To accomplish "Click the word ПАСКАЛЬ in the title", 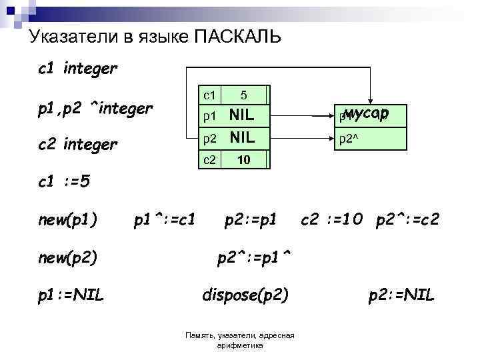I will pyautogui.click(x=237, y=37).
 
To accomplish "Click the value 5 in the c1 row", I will pyautogui.click(x=244, y=95).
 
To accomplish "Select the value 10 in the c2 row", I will pyautogui.click(x=244, y=160).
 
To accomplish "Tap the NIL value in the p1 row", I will pyautogui.click(x=241, y=115).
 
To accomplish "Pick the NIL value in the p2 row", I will pyautogui.click(x=241, y=138).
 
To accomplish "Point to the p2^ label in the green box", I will pyautogui.click(x=349, y=139).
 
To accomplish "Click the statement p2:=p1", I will pyautogui.click(x=250, y=219).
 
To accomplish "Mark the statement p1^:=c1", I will pyautogui.click(x=165, y=219).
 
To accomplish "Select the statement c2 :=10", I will pyautogui.click(x=333, y=219).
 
